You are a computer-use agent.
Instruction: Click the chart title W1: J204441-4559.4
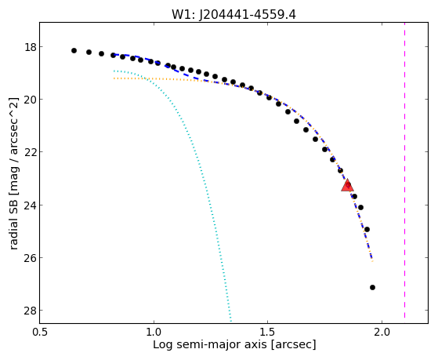pyautogui.click(x=233, y=15)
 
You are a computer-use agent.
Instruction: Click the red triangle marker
pyautogui.click(x=347, y=185)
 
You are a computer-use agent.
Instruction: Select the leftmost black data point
pyautogui.click(x=74, y=51)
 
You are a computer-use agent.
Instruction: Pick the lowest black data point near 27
pyautogui.click(x=372, y=287)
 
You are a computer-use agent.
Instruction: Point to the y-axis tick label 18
pyautogui.click(x=31, y=47)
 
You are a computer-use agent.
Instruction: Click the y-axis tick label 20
pyautogui.click(x=31, y=100)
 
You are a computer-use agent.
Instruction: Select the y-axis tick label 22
pyautogui.click(x=31, y=152)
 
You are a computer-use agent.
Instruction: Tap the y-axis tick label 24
pyautogui.click(x=31, y=205)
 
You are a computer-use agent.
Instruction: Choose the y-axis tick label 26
pyautogui.click(x=31, y=258)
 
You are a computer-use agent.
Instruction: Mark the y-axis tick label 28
pyautogui.click(x=31, y=311)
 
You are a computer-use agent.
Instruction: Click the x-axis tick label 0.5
pyautogui.click(x=40, y=332)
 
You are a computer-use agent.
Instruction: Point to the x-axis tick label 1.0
pyautogui.click(x=154, y=332)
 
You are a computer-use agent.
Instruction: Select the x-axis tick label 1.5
pyautogui.click(x=268, y=332)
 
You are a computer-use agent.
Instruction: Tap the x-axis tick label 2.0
pyautogui.click(x=382, y=332)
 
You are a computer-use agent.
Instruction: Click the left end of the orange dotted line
pyautogui.click(x=114, y=78)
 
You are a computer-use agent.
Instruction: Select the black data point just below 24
pyautogui.click(x=360, y=207)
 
